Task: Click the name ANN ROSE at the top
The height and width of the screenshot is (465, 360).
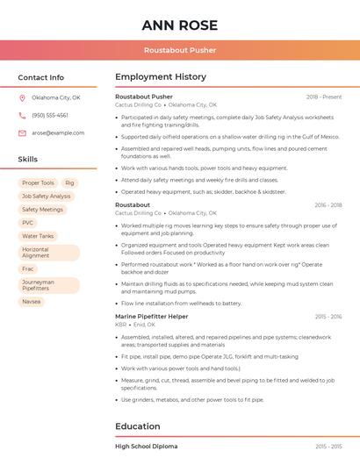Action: click(179, 25)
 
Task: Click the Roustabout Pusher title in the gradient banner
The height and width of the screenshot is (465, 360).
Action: click(179, 50)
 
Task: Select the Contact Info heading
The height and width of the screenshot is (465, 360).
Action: click(41, 77)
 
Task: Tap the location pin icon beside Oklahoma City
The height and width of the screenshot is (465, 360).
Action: click(23, 97)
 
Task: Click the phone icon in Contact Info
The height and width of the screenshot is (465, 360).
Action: click(23, 115)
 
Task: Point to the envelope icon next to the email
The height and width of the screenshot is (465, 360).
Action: click(23, 132)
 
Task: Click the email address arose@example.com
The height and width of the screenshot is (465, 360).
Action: click(58, 132)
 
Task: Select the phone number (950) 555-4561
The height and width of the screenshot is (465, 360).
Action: click(50, 115)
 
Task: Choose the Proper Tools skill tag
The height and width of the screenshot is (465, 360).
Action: click(38, 182)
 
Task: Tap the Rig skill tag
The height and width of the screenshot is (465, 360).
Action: click(69, 182)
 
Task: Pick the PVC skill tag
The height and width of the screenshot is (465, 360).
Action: click(28, 223)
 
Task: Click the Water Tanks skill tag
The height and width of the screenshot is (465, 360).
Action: click(38, 236)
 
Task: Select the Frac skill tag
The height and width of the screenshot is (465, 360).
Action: click(28, 268)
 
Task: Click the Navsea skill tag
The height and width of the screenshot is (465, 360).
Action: click(32, 301)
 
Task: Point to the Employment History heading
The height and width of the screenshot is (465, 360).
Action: click(160, 77)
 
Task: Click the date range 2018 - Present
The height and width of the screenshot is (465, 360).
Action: click(324, 97)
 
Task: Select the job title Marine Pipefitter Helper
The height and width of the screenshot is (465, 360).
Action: click(152, 316)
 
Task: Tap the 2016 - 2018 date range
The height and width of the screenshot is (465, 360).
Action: click(328, 204)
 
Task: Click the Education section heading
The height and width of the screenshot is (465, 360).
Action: click(138, 426)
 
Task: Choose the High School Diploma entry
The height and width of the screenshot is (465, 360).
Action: click(146, 447)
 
